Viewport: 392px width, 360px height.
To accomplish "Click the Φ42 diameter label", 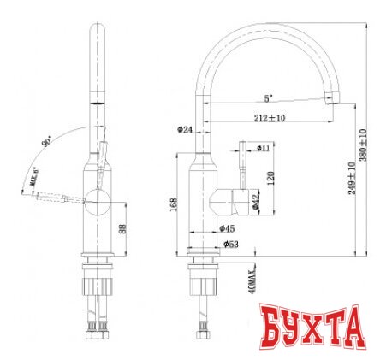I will [256, 198].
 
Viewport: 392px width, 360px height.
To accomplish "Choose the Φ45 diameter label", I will [228, 228].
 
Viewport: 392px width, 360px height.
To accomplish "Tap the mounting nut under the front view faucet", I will [98, 281].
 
